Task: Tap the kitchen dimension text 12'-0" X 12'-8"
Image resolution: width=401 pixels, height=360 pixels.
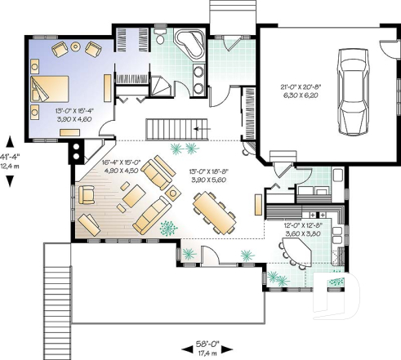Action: pyautogui.click(x=300, y=228)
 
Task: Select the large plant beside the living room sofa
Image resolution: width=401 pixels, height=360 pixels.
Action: pyautogui.click(x=167, y=227)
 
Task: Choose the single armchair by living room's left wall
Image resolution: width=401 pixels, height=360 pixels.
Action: pyautogui.click(x=87, y=193)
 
